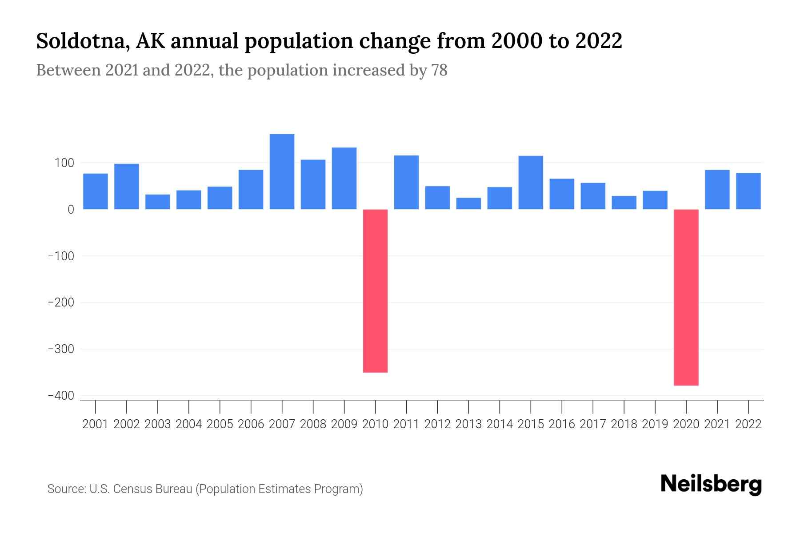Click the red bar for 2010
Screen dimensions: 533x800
pyautogui.click(x=375, y=291)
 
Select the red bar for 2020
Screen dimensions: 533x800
pyautogui.click(x=686, y=297)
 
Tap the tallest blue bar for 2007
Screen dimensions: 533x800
pyautogui.click(x=282, y=171)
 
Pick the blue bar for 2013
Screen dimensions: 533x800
pyautogui.click(x=468, y=203)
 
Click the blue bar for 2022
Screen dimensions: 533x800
pyautogui.click(x=748, y=191)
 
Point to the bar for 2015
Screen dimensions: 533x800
pyautogui.click(x=531, y=183)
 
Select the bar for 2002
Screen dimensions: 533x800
pyautogui.click(x=127, y=187)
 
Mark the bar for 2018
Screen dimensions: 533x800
pyautogui.click(x=624, y=203)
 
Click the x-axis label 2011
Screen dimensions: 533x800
pyautogui.click(x=406, y=424)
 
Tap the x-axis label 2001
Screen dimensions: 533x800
pyautogui.click(x=96, y=424)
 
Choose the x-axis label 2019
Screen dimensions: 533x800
pyautogui.click(x=655, y=424)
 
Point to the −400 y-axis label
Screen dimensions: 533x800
pyautogui.click(x=61, y=396)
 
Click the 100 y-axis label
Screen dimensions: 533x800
pyautogui.click(x=64, y=163)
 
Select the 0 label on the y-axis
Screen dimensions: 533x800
pyautogui.click(x=71, y=210)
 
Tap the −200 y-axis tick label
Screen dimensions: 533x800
pyautogui.click(x=61, y=302)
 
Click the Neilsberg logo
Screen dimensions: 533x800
pyautogui.click(x=711, y=484)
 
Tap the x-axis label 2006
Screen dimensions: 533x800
pyautogui.click(x=251, y=424)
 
